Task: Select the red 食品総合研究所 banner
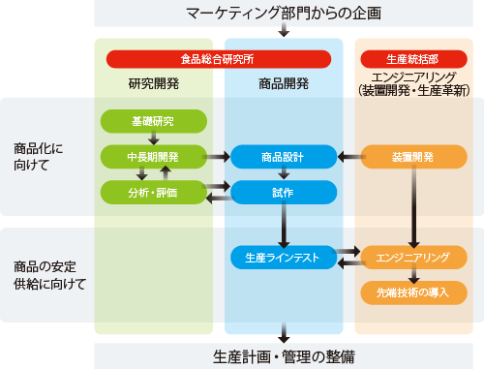[x=219, y=59]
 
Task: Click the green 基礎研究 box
[x=155, y=121]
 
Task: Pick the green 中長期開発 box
[x=155, y=156]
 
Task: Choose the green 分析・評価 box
[x=155, y=191]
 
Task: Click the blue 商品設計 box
[x=284, y=156]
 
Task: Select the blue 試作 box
[x=284, y=192]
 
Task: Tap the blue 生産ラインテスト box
[x=284, y=258]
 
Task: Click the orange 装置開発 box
[x=413, y=156]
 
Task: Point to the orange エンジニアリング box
[x=413, y=258]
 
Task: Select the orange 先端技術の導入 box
[x=413, y=292]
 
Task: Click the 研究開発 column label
[x=154, y=82]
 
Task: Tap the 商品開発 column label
[x=284, y=82]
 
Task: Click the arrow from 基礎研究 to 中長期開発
[x=155, y=138]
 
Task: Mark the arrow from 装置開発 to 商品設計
[x=349, y=156]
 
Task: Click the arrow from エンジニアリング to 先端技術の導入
[x=413, y=275]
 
